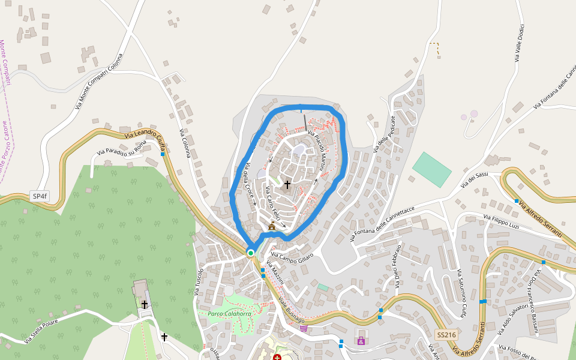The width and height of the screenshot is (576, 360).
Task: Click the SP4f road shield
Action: coord(39,196)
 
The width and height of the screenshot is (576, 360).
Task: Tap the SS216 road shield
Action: coord(446,335)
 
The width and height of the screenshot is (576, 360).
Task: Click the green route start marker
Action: coord(251,253)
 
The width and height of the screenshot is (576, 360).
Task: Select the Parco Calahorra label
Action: coord(229,314)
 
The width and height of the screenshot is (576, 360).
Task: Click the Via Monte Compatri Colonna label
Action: coord(99,81)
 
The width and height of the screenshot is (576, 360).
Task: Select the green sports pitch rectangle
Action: coord(432,169)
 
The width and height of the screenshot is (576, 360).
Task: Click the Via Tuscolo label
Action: coord(199,281)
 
